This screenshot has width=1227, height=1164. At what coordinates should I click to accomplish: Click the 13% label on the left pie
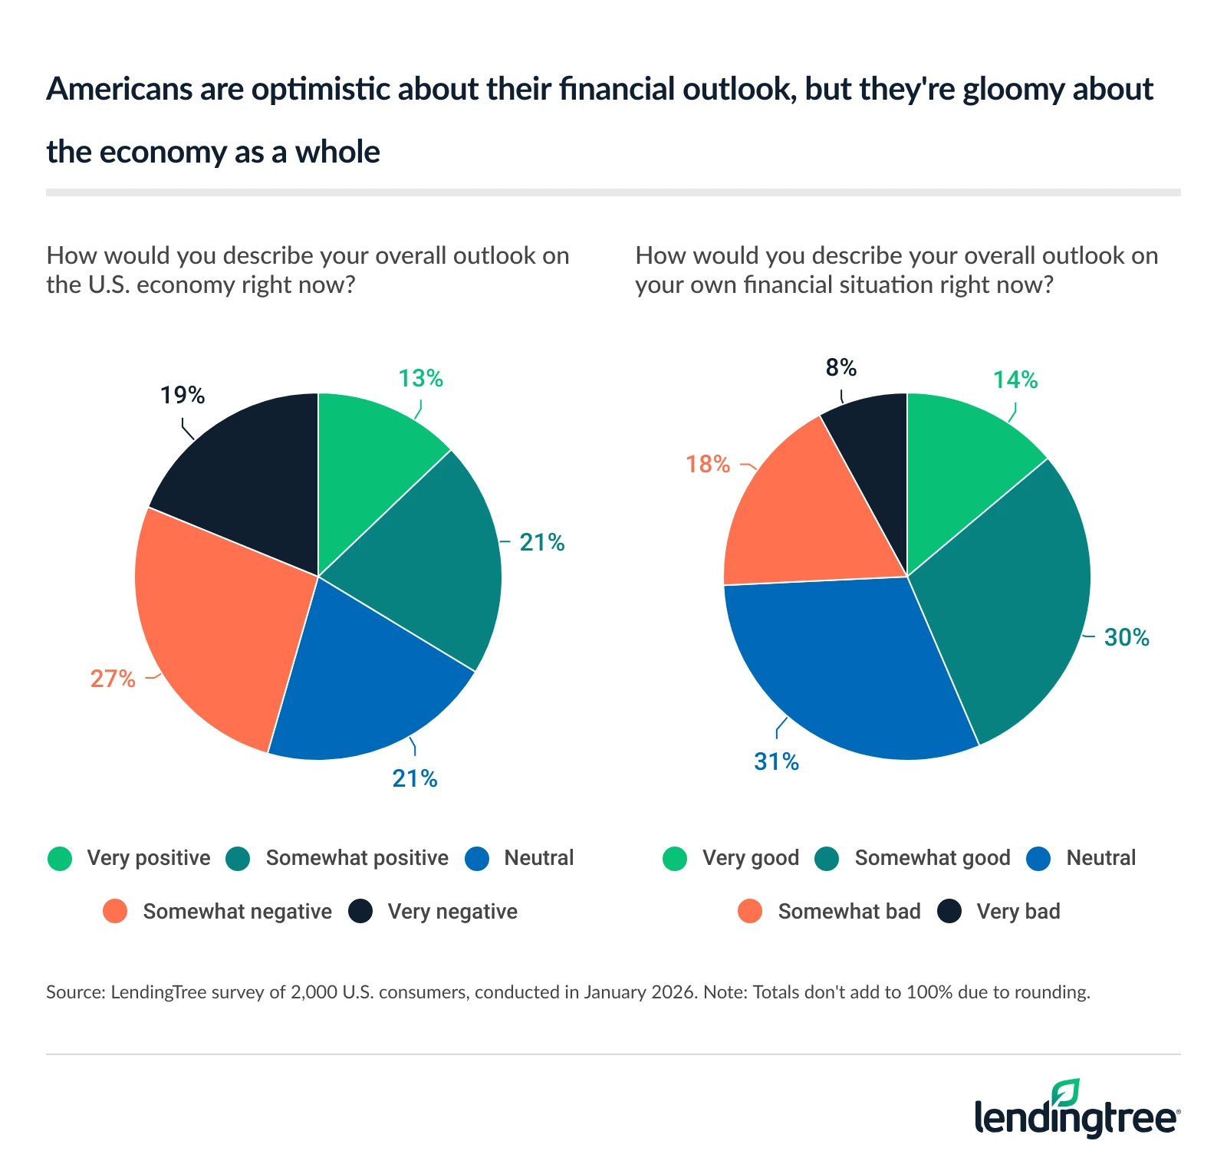pos(420,379)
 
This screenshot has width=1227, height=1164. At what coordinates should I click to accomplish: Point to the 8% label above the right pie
pos(840,368)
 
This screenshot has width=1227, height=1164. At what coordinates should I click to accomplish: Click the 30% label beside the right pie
pos(1126,638)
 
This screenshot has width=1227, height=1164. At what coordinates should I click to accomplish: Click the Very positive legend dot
pos(60,859)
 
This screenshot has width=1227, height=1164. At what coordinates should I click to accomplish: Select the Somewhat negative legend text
pos(237,912)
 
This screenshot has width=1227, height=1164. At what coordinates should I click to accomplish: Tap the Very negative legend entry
pos(452,912)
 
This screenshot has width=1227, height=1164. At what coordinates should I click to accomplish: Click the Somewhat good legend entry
pos(932,858)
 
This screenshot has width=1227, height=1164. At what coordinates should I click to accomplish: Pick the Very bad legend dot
pos(949,912)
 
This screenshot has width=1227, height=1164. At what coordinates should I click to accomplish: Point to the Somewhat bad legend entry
pos(848,912)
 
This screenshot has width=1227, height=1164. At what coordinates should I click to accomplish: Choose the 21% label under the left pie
pos(414,779)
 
